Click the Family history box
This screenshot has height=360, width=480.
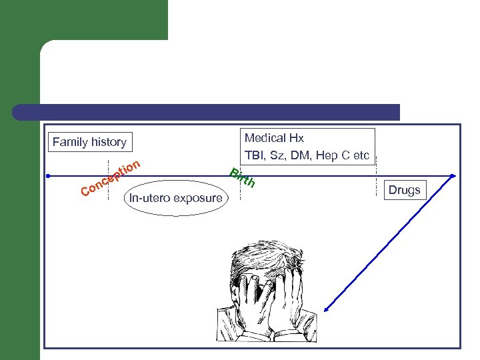[x=89, y=142]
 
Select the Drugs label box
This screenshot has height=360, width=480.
[x=404, y=191]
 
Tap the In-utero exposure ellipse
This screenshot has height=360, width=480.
[x=176, y=198]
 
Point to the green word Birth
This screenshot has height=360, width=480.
[x=241, y=178]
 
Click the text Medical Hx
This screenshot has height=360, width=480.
[x=274, y=139]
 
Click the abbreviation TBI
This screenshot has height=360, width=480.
[x=255, y=156]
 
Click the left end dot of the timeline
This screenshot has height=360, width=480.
[x=49, y=176]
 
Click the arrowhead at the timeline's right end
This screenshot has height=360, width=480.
[x=453, y=176]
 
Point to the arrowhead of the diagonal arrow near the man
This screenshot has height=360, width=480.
[x=327, y=309]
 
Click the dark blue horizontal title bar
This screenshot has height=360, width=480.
[x=207, y=112]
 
